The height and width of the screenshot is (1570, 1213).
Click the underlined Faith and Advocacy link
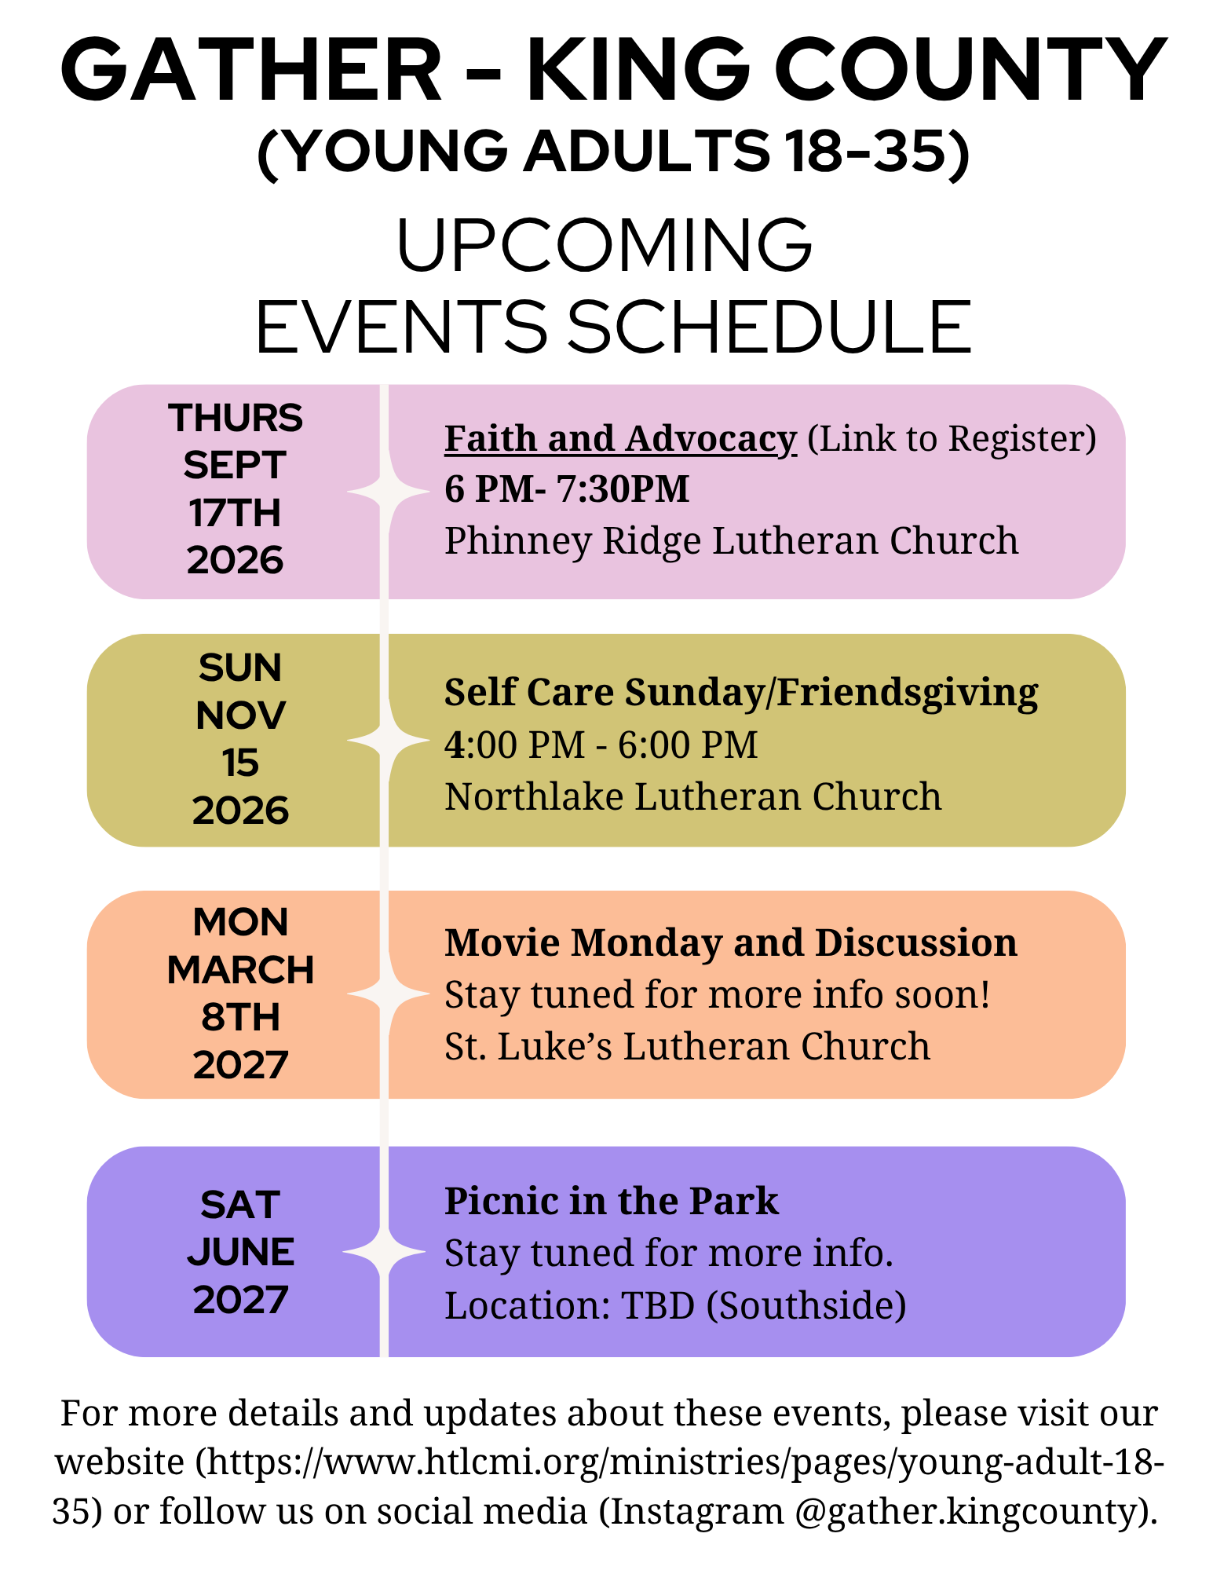click(x=620, y=439)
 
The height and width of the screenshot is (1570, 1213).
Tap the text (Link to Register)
click(x=952, y=439)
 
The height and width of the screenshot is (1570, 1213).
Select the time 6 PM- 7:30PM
click(x=567, y=489)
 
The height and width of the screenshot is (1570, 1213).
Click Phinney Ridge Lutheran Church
click(x=732, y=540)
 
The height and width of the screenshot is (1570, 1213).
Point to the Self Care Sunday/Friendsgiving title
click(x=741, y=693)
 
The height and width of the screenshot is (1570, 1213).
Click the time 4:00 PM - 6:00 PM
click(x=601, y=745)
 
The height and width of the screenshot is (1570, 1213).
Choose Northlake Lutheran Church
click(x=693, y=796)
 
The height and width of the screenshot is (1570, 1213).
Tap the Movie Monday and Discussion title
click(x=731, y=942)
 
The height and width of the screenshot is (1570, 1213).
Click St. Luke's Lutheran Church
click(x=687, y=1046)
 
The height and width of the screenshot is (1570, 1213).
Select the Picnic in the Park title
click(x=612, y=1201)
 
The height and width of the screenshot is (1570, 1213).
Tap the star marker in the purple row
click(x=385, y=1250)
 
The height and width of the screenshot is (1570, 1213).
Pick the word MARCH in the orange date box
click(x=240, y=970)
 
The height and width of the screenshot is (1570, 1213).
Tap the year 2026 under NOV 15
click(x=240, y=811)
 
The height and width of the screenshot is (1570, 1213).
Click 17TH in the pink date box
click(x=235, y=513)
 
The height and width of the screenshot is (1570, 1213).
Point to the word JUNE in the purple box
click(x=240, y=1252)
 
